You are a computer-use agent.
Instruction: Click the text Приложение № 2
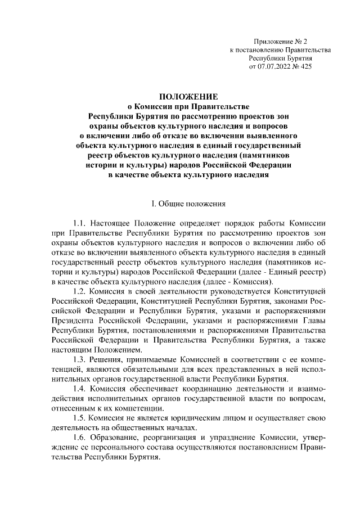pyautogui.click(x=281, y=41)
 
